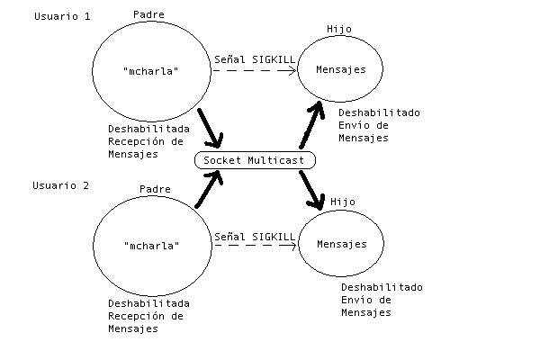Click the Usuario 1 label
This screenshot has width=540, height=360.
61,17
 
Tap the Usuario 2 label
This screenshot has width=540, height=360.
61,185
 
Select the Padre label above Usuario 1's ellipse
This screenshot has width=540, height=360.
148,14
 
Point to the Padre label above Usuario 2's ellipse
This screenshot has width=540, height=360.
155,189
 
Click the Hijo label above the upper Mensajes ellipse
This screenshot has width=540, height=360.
340,29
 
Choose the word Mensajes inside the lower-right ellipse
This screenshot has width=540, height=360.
343,244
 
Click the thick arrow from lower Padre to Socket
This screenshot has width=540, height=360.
209,189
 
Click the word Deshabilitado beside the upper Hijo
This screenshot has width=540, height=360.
379,113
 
